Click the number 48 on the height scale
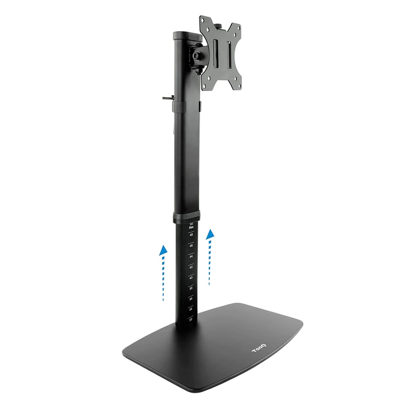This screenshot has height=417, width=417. pos(191,235)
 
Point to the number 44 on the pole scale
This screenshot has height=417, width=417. pos(190,256)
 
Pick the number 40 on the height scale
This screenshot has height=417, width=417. pos(190,277)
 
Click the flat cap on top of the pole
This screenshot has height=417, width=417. pos(185,35)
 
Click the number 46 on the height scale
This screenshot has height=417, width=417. pos(190,245)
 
